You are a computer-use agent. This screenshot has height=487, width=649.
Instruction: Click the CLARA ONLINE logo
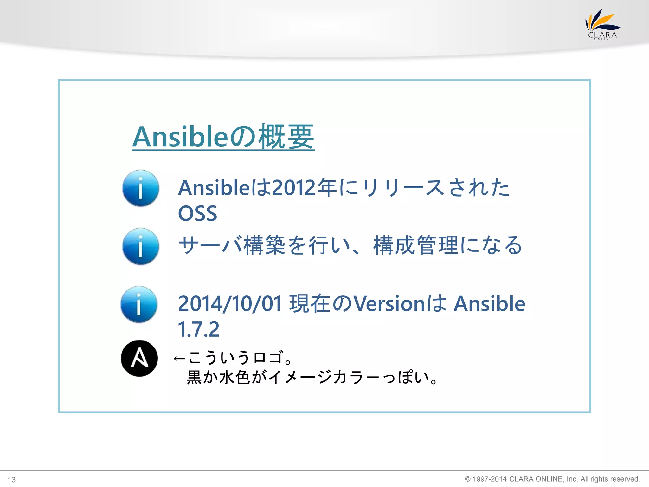tap(602, 25)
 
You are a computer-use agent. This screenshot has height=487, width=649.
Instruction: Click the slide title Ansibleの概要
tap(223, 137)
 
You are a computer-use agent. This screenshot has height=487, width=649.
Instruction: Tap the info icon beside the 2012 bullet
tap(141, 188)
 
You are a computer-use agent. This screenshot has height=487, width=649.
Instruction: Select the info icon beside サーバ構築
tap(141, 246)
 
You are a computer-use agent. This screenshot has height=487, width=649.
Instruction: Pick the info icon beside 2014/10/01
tap(139, 304)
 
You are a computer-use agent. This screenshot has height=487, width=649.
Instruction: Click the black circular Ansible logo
tap(139, 358)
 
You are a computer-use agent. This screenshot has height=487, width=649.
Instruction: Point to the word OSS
tap(197, 213)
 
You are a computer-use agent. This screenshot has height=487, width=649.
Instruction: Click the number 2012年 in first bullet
tap(304, 188)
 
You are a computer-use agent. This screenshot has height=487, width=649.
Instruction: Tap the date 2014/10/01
tap(230, 304)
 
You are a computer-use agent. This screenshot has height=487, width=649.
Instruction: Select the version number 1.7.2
tap(198, 329)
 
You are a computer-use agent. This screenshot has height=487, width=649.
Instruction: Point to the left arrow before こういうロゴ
tap(179, 359)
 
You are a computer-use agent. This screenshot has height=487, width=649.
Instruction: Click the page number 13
tap(12, 480)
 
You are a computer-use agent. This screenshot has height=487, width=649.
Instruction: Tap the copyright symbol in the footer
tap(468, 479)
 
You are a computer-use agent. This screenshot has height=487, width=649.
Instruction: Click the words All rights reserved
tap(610, 479)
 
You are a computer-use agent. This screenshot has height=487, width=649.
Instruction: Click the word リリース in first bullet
tap(402, 188)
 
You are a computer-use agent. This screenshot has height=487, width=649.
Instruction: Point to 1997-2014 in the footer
tap(489, 479)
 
